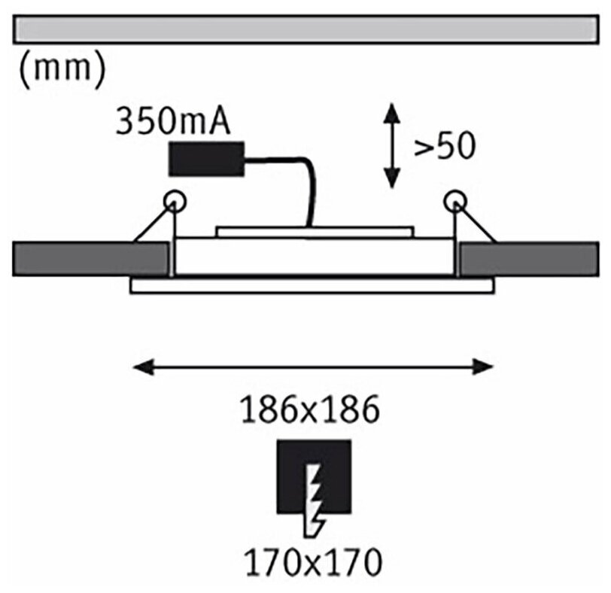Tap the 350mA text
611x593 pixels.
(x=172, y=122)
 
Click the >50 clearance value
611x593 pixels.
(x=444, y=147)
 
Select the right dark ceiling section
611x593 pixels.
(x=529, y=259)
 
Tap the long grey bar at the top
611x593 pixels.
(x=305, y=31)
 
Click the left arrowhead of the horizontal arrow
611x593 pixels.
(x=140, y=366)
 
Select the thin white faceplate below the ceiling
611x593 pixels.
(x=312, y=286)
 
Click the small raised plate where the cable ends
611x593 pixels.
(x=314, y=232)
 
